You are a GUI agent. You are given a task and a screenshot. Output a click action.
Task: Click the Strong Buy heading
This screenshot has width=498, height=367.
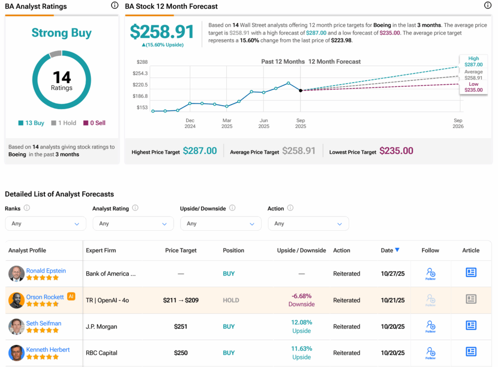(62, 33)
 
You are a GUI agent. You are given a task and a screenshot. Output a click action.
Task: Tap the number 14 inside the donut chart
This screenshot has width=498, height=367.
(62, 77)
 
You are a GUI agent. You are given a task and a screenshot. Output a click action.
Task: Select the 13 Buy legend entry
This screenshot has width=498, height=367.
(32, 123)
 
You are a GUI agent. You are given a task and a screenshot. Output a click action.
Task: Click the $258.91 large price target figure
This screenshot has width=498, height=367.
(162, 32)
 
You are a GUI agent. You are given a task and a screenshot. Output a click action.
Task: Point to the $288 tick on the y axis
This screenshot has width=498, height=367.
(142, 62)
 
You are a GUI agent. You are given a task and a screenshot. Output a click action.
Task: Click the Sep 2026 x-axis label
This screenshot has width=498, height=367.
(458, 123)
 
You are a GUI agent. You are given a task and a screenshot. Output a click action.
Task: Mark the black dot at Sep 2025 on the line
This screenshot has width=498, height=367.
(301, 91)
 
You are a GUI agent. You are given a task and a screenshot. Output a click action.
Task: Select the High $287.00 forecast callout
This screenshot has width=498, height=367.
(473, 61)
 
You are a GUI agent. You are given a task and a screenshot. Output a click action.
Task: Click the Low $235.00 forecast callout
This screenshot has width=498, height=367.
(473, 87)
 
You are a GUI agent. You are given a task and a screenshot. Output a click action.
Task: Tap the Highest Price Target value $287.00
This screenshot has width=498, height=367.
(200, 151)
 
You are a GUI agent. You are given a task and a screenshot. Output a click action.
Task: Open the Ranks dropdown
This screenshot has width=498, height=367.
(45, 223)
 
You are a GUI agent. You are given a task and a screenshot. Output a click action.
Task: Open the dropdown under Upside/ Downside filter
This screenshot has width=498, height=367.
(221, 223)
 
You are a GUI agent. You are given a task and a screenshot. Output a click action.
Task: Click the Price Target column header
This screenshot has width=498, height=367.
(181, 250)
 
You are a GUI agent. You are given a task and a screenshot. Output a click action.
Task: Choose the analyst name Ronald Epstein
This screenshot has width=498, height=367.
(46, 271)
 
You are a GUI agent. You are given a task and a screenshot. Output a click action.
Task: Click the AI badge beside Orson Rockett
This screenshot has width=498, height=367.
(71, 296)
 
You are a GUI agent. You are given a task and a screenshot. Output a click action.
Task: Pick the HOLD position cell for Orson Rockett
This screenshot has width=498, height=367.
(231, 300)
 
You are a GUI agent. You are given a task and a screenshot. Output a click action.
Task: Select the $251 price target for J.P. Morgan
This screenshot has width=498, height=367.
(181, 327)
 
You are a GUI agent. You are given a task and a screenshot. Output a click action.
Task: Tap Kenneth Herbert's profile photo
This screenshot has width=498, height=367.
(17, 353)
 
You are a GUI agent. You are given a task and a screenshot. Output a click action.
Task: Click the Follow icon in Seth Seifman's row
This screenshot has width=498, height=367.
(430, 326)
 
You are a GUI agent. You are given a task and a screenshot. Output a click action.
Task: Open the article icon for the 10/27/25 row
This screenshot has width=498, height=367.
(471, 273)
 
